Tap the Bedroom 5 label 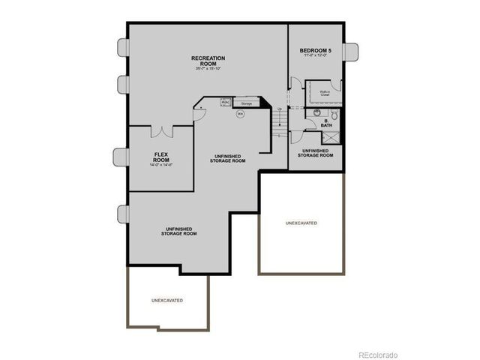(x=316, y=50)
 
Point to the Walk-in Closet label (x=325, y=94)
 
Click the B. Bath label (x=328, y=123)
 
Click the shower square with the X (x=329, y=138)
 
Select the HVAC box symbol (x=224, y=103)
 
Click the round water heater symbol (x=241, y=114)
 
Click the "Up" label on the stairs (x=280, y=109)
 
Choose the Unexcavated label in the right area (x=301, y=223)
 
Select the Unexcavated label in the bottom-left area (x=167, y=300)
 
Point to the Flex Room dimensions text (x=160, y=166)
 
